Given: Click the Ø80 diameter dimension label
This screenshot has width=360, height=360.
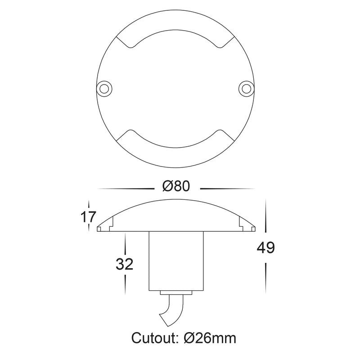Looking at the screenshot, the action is coord(176,186).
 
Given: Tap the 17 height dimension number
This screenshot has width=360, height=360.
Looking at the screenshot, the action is coord(88,217).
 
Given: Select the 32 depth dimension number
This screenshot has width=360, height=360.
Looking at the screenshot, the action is coord(125,264).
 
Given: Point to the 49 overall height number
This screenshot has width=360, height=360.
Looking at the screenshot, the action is coord(265,248).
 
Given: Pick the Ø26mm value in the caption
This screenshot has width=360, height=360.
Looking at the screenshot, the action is coord(210,338).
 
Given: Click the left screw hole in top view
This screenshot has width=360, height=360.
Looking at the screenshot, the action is coord(104,88).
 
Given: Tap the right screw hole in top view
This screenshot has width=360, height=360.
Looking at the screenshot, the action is coord(246,88).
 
